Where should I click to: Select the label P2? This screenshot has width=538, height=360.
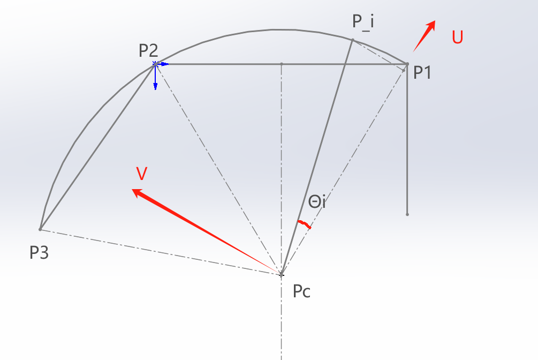click(x=148, y=50)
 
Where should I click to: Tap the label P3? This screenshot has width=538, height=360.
click(x=39, y=252)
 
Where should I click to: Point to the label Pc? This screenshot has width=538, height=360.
click(x=302, y=292)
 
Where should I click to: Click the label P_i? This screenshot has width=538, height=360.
click(x=363, y=22)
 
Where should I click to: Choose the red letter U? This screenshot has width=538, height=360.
click(x=457, y=37)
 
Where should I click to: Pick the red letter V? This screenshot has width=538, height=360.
click(x=142, y=174)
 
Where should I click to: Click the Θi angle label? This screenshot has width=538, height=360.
click(x=317, y=202)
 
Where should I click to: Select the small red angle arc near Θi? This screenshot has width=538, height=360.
click(x=304, y=224)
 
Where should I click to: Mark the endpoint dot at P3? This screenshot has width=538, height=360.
click(x=40, y=229)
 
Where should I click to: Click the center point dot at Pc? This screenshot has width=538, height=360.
click(x=282, y=275)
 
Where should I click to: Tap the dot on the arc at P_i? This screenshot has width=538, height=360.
click(x=353, y=40)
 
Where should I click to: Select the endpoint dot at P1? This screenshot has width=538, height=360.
click(x=407, y=64)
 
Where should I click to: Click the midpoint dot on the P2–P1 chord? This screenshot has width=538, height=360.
click(x=282, y=64)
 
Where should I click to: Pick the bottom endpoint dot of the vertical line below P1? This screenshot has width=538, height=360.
click(x=407, y=214)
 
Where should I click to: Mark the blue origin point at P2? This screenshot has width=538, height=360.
click(x=155, y=64)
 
